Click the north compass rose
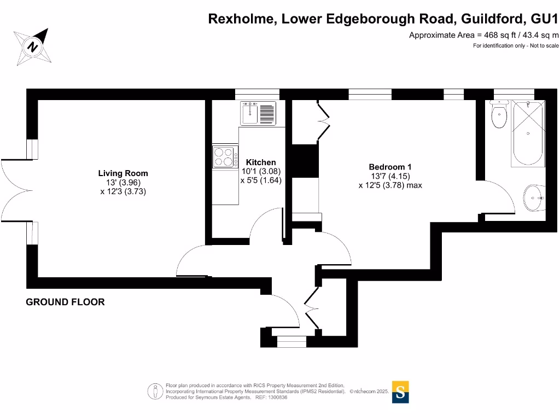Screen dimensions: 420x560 [x=33, y=46]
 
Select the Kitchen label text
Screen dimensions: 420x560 [x=261, y=162]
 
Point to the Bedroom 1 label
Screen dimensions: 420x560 [x=390, y=167]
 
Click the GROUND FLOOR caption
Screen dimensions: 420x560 [x=65, y=302]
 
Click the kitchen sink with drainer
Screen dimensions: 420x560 [x=259, y=113]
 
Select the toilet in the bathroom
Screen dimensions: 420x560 [x=499, y=115]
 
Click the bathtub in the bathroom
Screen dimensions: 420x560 [x=528, y=134]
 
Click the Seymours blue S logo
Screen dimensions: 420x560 [x=400, y=392]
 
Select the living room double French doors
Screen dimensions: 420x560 [x=14, y=190]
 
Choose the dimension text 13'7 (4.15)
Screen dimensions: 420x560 [x=390, y=176]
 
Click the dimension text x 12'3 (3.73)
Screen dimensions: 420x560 [x=123, y=191]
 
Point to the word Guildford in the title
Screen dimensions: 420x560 [x=494, y=19]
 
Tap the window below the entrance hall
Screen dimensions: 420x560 [x=292, y=341]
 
